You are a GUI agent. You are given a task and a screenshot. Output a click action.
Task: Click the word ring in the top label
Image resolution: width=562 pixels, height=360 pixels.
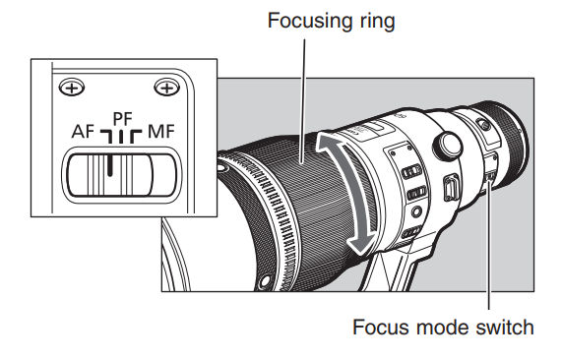pos(374,21)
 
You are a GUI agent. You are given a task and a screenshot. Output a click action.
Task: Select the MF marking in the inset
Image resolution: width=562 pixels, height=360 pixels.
pos(158,131)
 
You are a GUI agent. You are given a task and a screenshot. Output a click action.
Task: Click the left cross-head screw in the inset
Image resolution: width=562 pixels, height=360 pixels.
pos(71,88)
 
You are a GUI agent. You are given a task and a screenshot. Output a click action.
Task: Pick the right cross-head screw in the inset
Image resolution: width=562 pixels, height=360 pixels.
pos(168,88)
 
